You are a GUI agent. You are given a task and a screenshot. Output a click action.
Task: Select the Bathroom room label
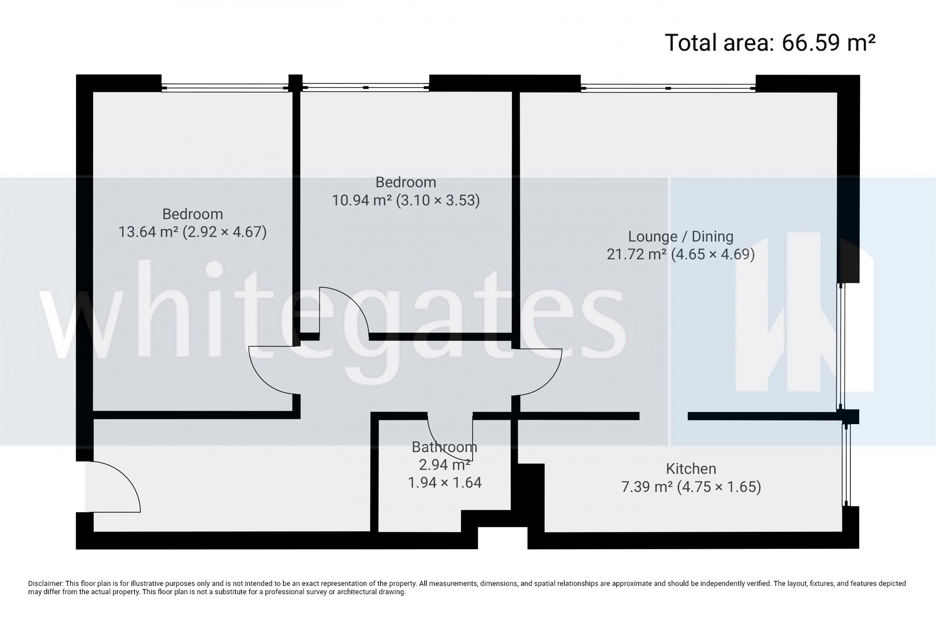[x=444, y=447]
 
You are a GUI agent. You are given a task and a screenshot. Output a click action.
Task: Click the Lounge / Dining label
[x=680, y=236]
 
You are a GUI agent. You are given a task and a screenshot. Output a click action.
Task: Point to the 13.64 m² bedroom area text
[x=193, y=232]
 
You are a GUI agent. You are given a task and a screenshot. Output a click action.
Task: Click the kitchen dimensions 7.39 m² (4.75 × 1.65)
[x=691, y=487]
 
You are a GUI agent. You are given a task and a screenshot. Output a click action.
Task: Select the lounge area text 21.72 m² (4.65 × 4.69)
[x=680, y=254]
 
